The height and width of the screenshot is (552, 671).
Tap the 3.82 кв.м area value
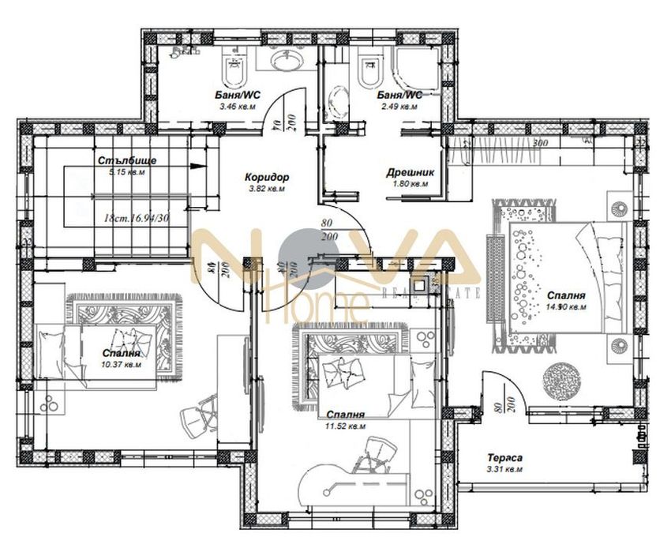coord(264,190)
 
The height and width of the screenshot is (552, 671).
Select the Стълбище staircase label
coord(127,160)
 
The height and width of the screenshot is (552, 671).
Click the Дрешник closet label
coord(407,172)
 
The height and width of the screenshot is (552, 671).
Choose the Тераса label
coord(504,458)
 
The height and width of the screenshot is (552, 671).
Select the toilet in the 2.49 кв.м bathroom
coord(367,71)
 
